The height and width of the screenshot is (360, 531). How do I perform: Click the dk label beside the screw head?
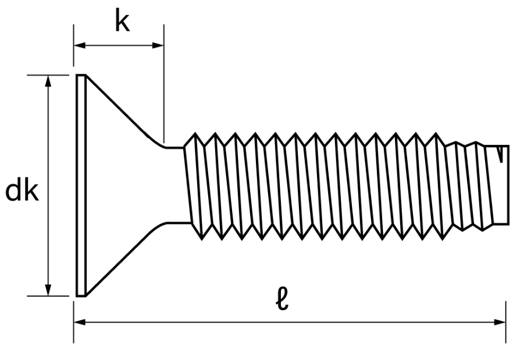(x=22, y=191)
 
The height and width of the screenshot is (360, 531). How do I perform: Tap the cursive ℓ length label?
(x=282, y=299)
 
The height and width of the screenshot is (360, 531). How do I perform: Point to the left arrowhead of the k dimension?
(x=80, y=45)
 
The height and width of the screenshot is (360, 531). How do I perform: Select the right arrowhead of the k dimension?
(x=158, y=45)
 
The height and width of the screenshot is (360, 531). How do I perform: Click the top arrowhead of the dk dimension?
(x=48, y=81)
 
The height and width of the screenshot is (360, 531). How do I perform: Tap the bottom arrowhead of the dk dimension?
(x=48, y=290)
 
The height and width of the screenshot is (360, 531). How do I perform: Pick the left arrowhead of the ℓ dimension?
(x=80, y=322)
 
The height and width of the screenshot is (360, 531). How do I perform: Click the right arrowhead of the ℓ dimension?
(x=500, y=322)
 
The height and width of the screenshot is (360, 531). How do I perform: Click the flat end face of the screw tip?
(x=508, y=185)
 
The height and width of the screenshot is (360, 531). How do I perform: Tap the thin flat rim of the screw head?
(x=81, y=186)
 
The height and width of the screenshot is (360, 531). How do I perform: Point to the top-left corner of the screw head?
(x=77, y=75)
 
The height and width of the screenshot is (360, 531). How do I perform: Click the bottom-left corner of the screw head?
(x=77, y=296)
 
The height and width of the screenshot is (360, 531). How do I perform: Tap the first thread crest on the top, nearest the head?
(x=195, y=133)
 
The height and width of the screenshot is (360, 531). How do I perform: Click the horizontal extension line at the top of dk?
(x=48, y=75)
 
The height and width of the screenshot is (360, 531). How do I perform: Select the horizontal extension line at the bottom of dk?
(x=48, y=296)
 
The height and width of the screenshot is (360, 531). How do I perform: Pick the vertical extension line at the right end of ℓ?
(x=506, y=322)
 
